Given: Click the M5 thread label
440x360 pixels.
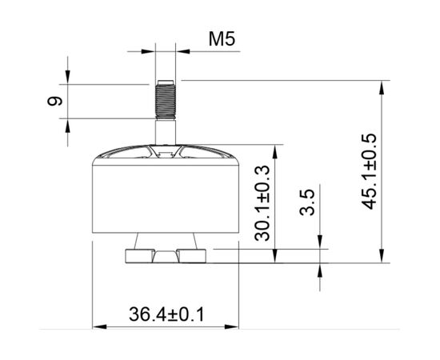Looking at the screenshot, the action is (222, 38).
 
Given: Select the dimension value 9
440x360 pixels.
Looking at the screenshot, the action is (55, 101).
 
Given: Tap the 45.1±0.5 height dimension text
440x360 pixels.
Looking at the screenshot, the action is (369, 171).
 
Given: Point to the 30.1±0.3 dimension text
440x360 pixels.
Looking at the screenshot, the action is (262, 203).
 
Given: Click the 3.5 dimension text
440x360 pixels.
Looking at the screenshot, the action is (306, 202).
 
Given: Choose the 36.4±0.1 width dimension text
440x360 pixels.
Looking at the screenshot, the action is (166, 314).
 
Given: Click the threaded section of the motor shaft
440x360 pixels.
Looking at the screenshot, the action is (166, 100).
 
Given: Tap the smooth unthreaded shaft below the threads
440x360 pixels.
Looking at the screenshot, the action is (166, 132).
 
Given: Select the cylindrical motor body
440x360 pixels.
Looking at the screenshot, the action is (166, 198).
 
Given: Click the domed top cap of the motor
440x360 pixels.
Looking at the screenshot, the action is (166, 154).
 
